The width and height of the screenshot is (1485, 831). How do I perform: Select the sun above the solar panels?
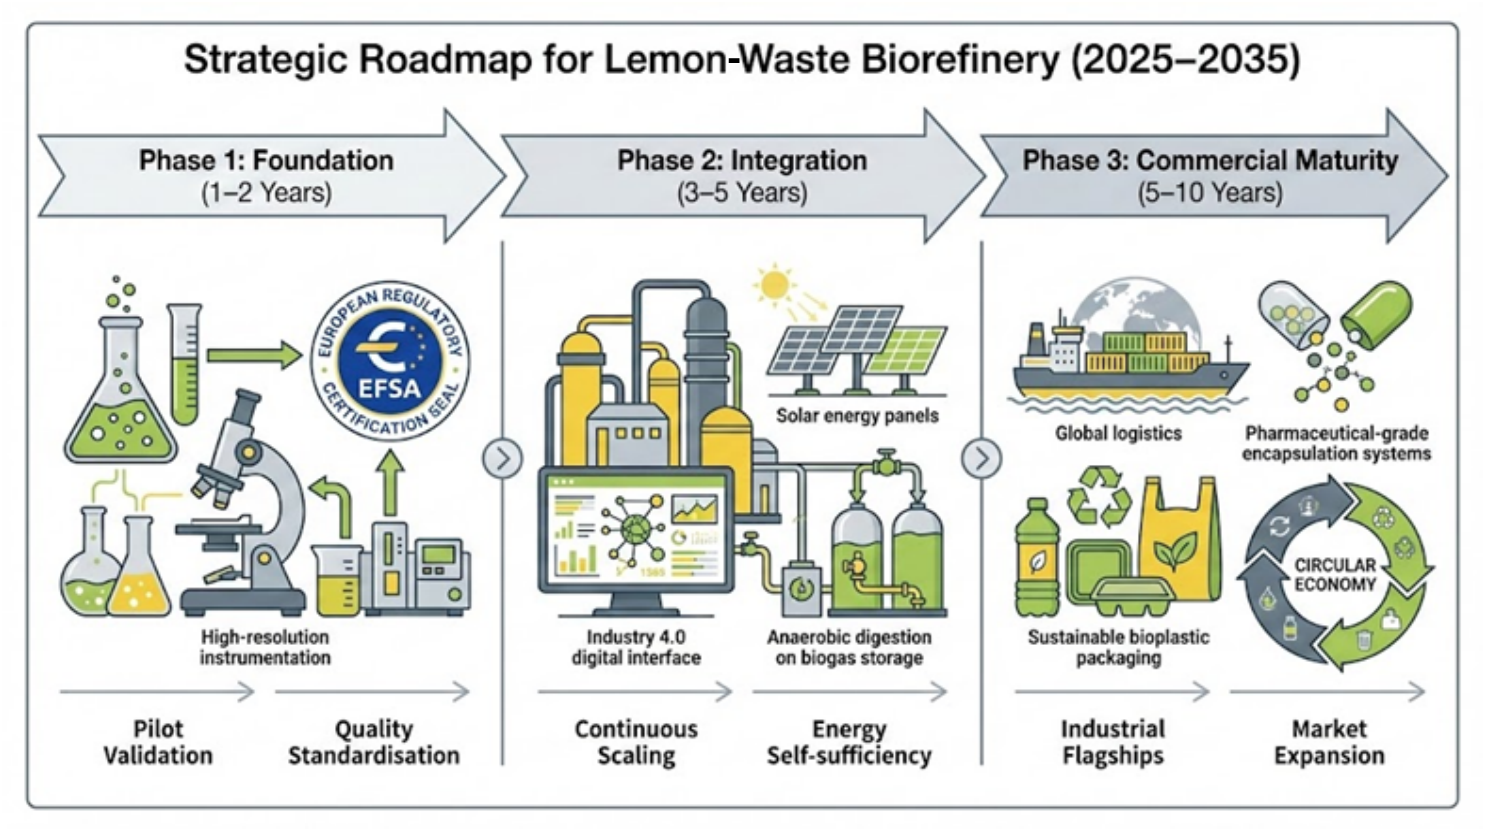click(x=774, y=283)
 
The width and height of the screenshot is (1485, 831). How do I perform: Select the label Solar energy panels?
click(x=857, y=415)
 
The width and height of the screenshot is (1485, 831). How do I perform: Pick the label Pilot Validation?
click(x=158, y=742)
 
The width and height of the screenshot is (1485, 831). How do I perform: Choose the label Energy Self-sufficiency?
click(x=849, y=742)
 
